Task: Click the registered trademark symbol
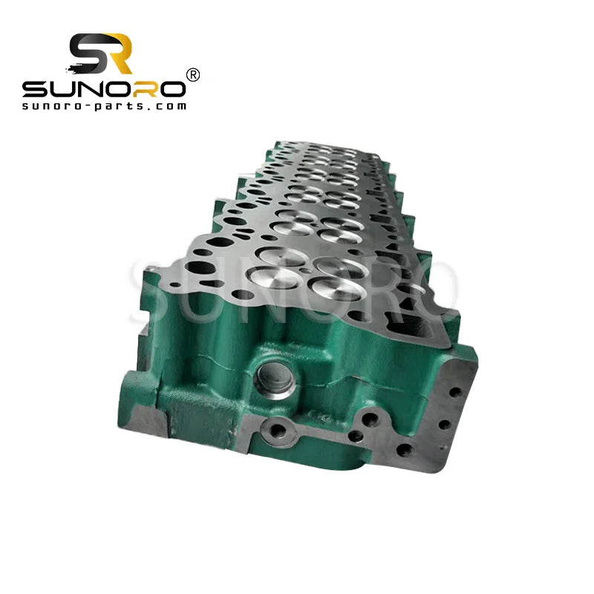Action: click(x=192, y=74)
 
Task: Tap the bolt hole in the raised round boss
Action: click(x=281, y=429)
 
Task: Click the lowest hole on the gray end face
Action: click(x=405, y=451)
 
